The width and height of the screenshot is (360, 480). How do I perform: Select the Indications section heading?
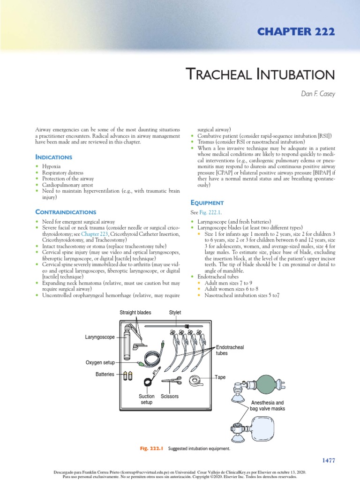coord(54,157)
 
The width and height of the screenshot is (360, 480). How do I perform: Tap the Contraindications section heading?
coord(66,212)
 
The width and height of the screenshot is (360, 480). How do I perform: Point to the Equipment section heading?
coord(207,202)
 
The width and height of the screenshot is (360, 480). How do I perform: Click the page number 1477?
coord(329,460)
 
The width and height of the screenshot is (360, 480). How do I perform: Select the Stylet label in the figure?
coord(175,312)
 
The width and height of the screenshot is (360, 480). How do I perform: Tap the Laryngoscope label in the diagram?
coord(100,337)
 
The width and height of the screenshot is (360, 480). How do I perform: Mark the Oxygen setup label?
coord(100,362)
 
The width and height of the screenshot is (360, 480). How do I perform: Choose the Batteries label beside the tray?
coord(105,374)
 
